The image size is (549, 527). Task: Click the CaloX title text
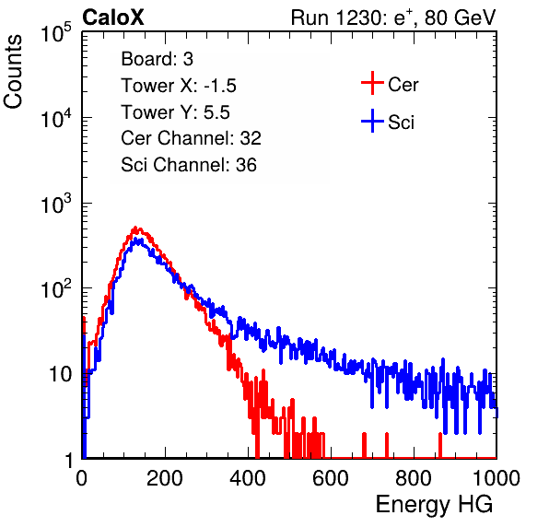coord(113,18)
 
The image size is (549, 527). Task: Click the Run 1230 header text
coord(393,18)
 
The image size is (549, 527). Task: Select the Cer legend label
coord(403,85)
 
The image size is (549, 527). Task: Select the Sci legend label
coord(401,123)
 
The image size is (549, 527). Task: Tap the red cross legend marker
coord(372,83)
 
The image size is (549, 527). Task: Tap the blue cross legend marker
coord(372,121)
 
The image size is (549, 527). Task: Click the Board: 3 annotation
coord(158,59)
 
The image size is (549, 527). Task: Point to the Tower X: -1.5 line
coord(179,86)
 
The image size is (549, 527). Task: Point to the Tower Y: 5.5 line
coord(175,112)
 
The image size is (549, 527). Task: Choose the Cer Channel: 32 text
coord(192,138)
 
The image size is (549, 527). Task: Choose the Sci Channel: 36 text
coord(189,165)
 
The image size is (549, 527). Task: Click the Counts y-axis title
coord(13,72)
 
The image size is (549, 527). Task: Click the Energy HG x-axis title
coord(434,505)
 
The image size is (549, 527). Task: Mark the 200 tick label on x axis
coord(165,478)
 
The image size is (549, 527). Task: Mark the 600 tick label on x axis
coord(331,478)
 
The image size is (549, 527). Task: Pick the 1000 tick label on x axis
coord(496,478)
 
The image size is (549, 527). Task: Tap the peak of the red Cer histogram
coord(135,228)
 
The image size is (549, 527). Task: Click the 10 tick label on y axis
coord(60,374)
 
